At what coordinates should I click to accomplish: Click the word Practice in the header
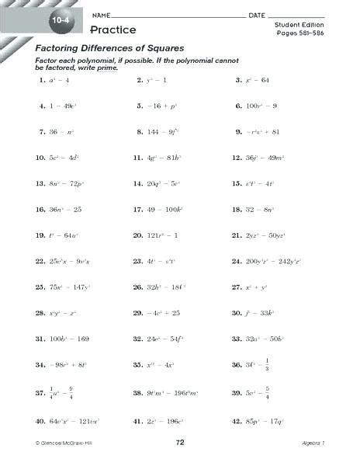pyautogui.click(x=112, y=30)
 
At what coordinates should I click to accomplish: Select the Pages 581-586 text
pyautogui.click(x=297, y=35)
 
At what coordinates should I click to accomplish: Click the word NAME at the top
pyautogui.click(x=100, y=16)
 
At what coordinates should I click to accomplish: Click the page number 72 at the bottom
pyautogui.click(x=181, y=441)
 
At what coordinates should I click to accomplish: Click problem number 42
pyautogui.click(x=237, y=422)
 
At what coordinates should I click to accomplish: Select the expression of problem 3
pyautogui.click(x=258, y=80)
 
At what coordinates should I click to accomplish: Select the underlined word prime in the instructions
pyautogui.click(x=106, y=68)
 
